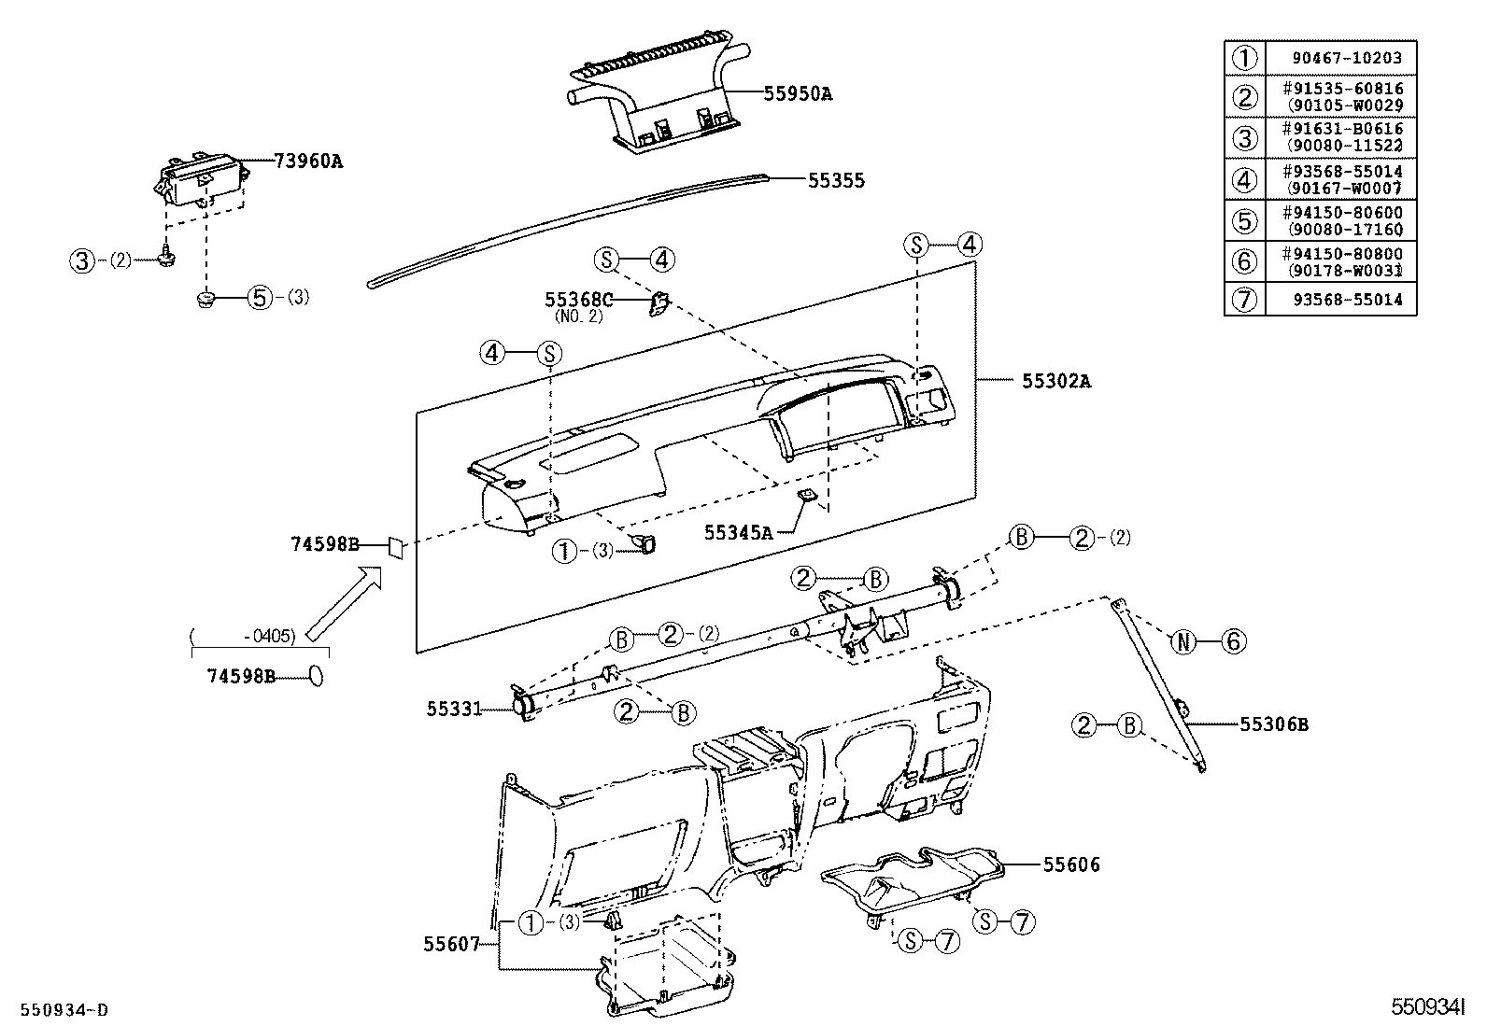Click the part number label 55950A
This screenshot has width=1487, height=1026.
click(797, 93)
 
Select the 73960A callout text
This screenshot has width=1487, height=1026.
click(308, 161)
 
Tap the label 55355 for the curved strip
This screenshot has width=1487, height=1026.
click(836, 181)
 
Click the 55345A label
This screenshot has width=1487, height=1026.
click(738, 532)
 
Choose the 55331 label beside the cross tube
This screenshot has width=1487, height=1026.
click(454, 710)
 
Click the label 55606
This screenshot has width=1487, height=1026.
click(1071, 865)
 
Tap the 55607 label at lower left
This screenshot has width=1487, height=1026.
click(451, 944)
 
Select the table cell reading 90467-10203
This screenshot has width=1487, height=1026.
click(1347, 58)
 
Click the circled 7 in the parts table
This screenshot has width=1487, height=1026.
click(1244, 301)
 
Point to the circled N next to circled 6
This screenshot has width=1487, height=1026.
click(1183, 641)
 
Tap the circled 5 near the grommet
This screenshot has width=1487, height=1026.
click(259, 298)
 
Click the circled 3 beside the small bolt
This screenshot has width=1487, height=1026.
click(83, 261)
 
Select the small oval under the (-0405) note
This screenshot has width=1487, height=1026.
click(317, 676)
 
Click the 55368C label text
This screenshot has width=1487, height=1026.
click(578, 300)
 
